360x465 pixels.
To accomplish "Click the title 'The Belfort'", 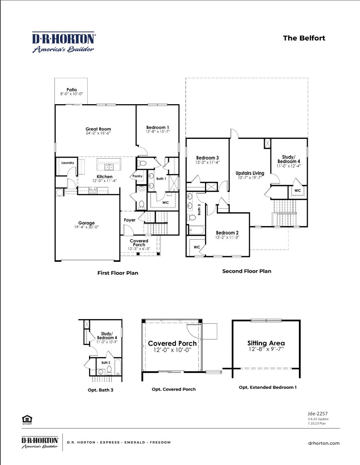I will (x=304, y=38).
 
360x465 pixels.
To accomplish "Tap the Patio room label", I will (x=72, y=89).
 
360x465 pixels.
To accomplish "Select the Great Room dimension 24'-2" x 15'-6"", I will (x=98, y=133).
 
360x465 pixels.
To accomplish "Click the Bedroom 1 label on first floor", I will (x=158, y=127).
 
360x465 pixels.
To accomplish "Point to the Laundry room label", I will (x=68, y=163).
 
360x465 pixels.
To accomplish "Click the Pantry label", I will (x=137, y=176).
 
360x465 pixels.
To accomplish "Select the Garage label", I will (x=87, y=223).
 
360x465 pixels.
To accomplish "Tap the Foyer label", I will (x=130, y=220).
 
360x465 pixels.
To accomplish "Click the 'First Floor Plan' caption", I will (x=118, y=273).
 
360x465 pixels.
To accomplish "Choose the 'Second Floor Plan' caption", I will (x=247, y=271).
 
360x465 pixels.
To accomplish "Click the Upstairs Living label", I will (x=250, y=173).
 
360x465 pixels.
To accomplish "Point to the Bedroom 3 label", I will (x=207, y=158).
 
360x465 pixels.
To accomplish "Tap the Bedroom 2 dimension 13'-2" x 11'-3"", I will (x=227, y=237).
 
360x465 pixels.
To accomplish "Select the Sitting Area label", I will (x=266, y=343).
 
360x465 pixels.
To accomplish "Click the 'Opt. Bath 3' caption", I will (x=100, y=390).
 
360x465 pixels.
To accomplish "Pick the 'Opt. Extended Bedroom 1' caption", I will (x=268, y=387).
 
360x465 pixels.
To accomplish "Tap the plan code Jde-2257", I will (x=317, y=413).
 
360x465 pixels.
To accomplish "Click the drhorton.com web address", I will (x=324, y=443).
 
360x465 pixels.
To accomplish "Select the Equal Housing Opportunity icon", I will (x=27, y=419).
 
